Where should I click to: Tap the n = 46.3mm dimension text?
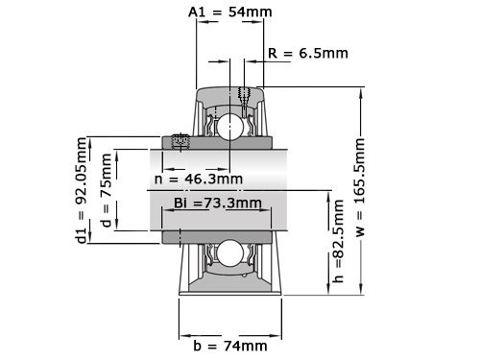click(198, 179)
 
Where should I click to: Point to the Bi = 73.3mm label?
click(218, 203)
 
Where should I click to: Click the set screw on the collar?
click(179, 142)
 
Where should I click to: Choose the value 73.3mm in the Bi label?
click(237, 203)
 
